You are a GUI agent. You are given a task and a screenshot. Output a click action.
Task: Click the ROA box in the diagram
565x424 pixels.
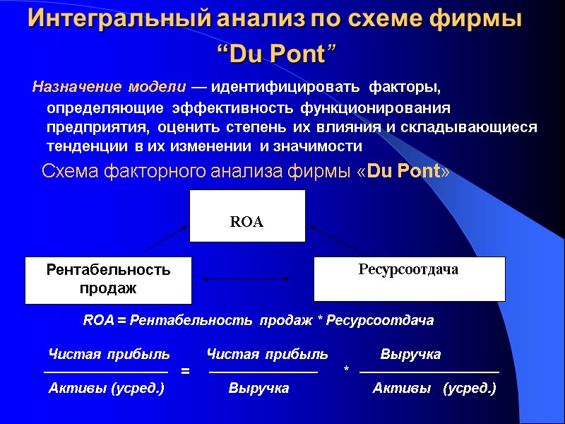(x=246, y=216)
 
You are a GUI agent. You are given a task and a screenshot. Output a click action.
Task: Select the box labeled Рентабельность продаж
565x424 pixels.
(x=108, y=280)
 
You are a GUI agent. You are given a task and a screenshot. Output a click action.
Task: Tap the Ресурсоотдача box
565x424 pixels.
(x=409, y=278)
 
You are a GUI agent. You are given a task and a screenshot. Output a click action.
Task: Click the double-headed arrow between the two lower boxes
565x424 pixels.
(x=246, y=279)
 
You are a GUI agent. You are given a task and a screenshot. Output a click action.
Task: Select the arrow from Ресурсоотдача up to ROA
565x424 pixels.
(x=335, y=238)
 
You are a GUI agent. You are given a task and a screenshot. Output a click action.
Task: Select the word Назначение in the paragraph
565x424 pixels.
(x=74, y=88)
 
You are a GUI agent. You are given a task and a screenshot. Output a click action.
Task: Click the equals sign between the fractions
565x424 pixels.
(x=186, y=370)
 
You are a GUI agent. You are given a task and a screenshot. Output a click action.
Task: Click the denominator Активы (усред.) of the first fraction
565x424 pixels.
(x=106, y=388)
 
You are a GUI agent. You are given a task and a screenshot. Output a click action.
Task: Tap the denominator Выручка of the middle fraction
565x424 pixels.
(x=258, y=388)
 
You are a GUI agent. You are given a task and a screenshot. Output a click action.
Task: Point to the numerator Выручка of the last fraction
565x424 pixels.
(x=410, y=354)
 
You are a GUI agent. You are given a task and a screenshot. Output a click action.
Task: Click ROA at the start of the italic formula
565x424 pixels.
(x=98, y=321)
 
